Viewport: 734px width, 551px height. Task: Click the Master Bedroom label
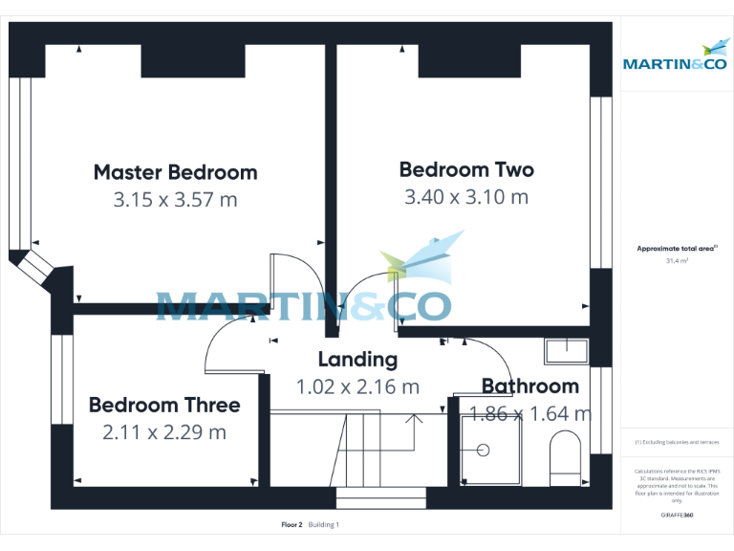click(x=175, y=173)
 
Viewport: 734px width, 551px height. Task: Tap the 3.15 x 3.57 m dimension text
click(x=175, y=201)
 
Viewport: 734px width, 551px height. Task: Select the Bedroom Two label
click(x=466, y=170)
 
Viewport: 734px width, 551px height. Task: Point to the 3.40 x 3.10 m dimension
click(x=466, y=198)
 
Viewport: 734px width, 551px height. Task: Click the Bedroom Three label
click(x=164, y=406)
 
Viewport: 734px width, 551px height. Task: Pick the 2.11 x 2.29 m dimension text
click(x=164, y=432)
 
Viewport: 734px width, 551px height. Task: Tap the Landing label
click(x=357, y=360)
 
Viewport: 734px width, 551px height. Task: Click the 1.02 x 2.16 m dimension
click(x=357, y=387)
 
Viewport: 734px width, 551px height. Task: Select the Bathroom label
click(x=529, y=386)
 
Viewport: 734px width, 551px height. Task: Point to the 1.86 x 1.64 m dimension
click(x=529, y=414)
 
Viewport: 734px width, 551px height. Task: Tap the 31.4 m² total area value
click(x=676, y=260)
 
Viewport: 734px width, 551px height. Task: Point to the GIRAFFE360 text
click(x=676, y=516)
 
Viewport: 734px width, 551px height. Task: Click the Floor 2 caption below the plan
click(x=291, y=525)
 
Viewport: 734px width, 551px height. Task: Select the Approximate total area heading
click(x=676, y=248)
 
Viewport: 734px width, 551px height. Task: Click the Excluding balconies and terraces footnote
click(x=676, y=443)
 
